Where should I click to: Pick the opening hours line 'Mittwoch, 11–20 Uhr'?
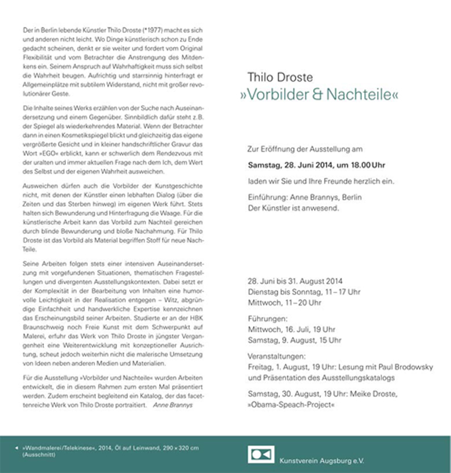tap(284, 302)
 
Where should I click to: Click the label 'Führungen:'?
tap(267, 318)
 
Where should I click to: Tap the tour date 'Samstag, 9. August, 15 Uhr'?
tap(294, 340)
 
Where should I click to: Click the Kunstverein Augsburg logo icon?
tap(261, 455)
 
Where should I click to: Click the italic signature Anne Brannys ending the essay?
tap(173, 405)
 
